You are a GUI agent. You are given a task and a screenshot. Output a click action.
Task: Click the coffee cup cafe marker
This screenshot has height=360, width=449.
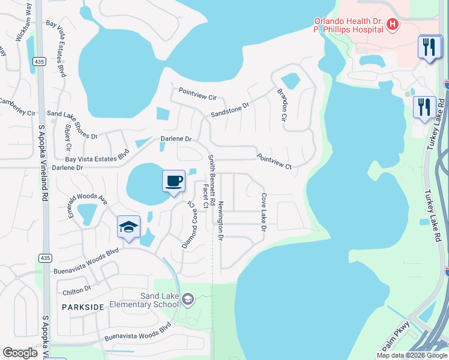174,181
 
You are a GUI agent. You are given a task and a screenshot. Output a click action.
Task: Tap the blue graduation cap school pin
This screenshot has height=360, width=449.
128,227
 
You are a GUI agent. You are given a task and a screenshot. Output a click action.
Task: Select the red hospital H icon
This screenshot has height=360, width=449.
392,24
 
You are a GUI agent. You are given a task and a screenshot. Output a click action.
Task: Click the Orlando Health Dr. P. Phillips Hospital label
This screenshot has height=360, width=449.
348,25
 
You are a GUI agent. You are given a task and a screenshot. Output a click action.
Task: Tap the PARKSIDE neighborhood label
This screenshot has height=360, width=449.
83,307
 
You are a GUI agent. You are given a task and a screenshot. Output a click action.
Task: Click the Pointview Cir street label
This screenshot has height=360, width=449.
197,94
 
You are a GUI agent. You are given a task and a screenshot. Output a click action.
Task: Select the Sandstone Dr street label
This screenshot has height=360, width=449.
229,109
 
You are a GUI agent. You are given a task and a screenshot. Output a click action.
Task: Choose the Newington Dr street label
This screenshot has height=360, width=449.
221,221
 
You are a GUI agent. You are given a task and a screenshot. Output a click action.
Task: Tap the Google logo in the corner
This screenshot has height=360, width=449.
20,353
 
